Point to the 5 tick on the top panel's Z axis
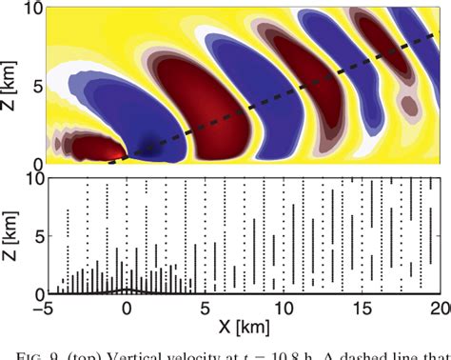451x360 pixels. coord(37,85)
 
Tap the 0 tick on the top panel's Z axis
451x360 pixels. coord(37,162)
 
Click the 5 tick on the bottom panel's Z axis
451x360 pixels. coord(37,235)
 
